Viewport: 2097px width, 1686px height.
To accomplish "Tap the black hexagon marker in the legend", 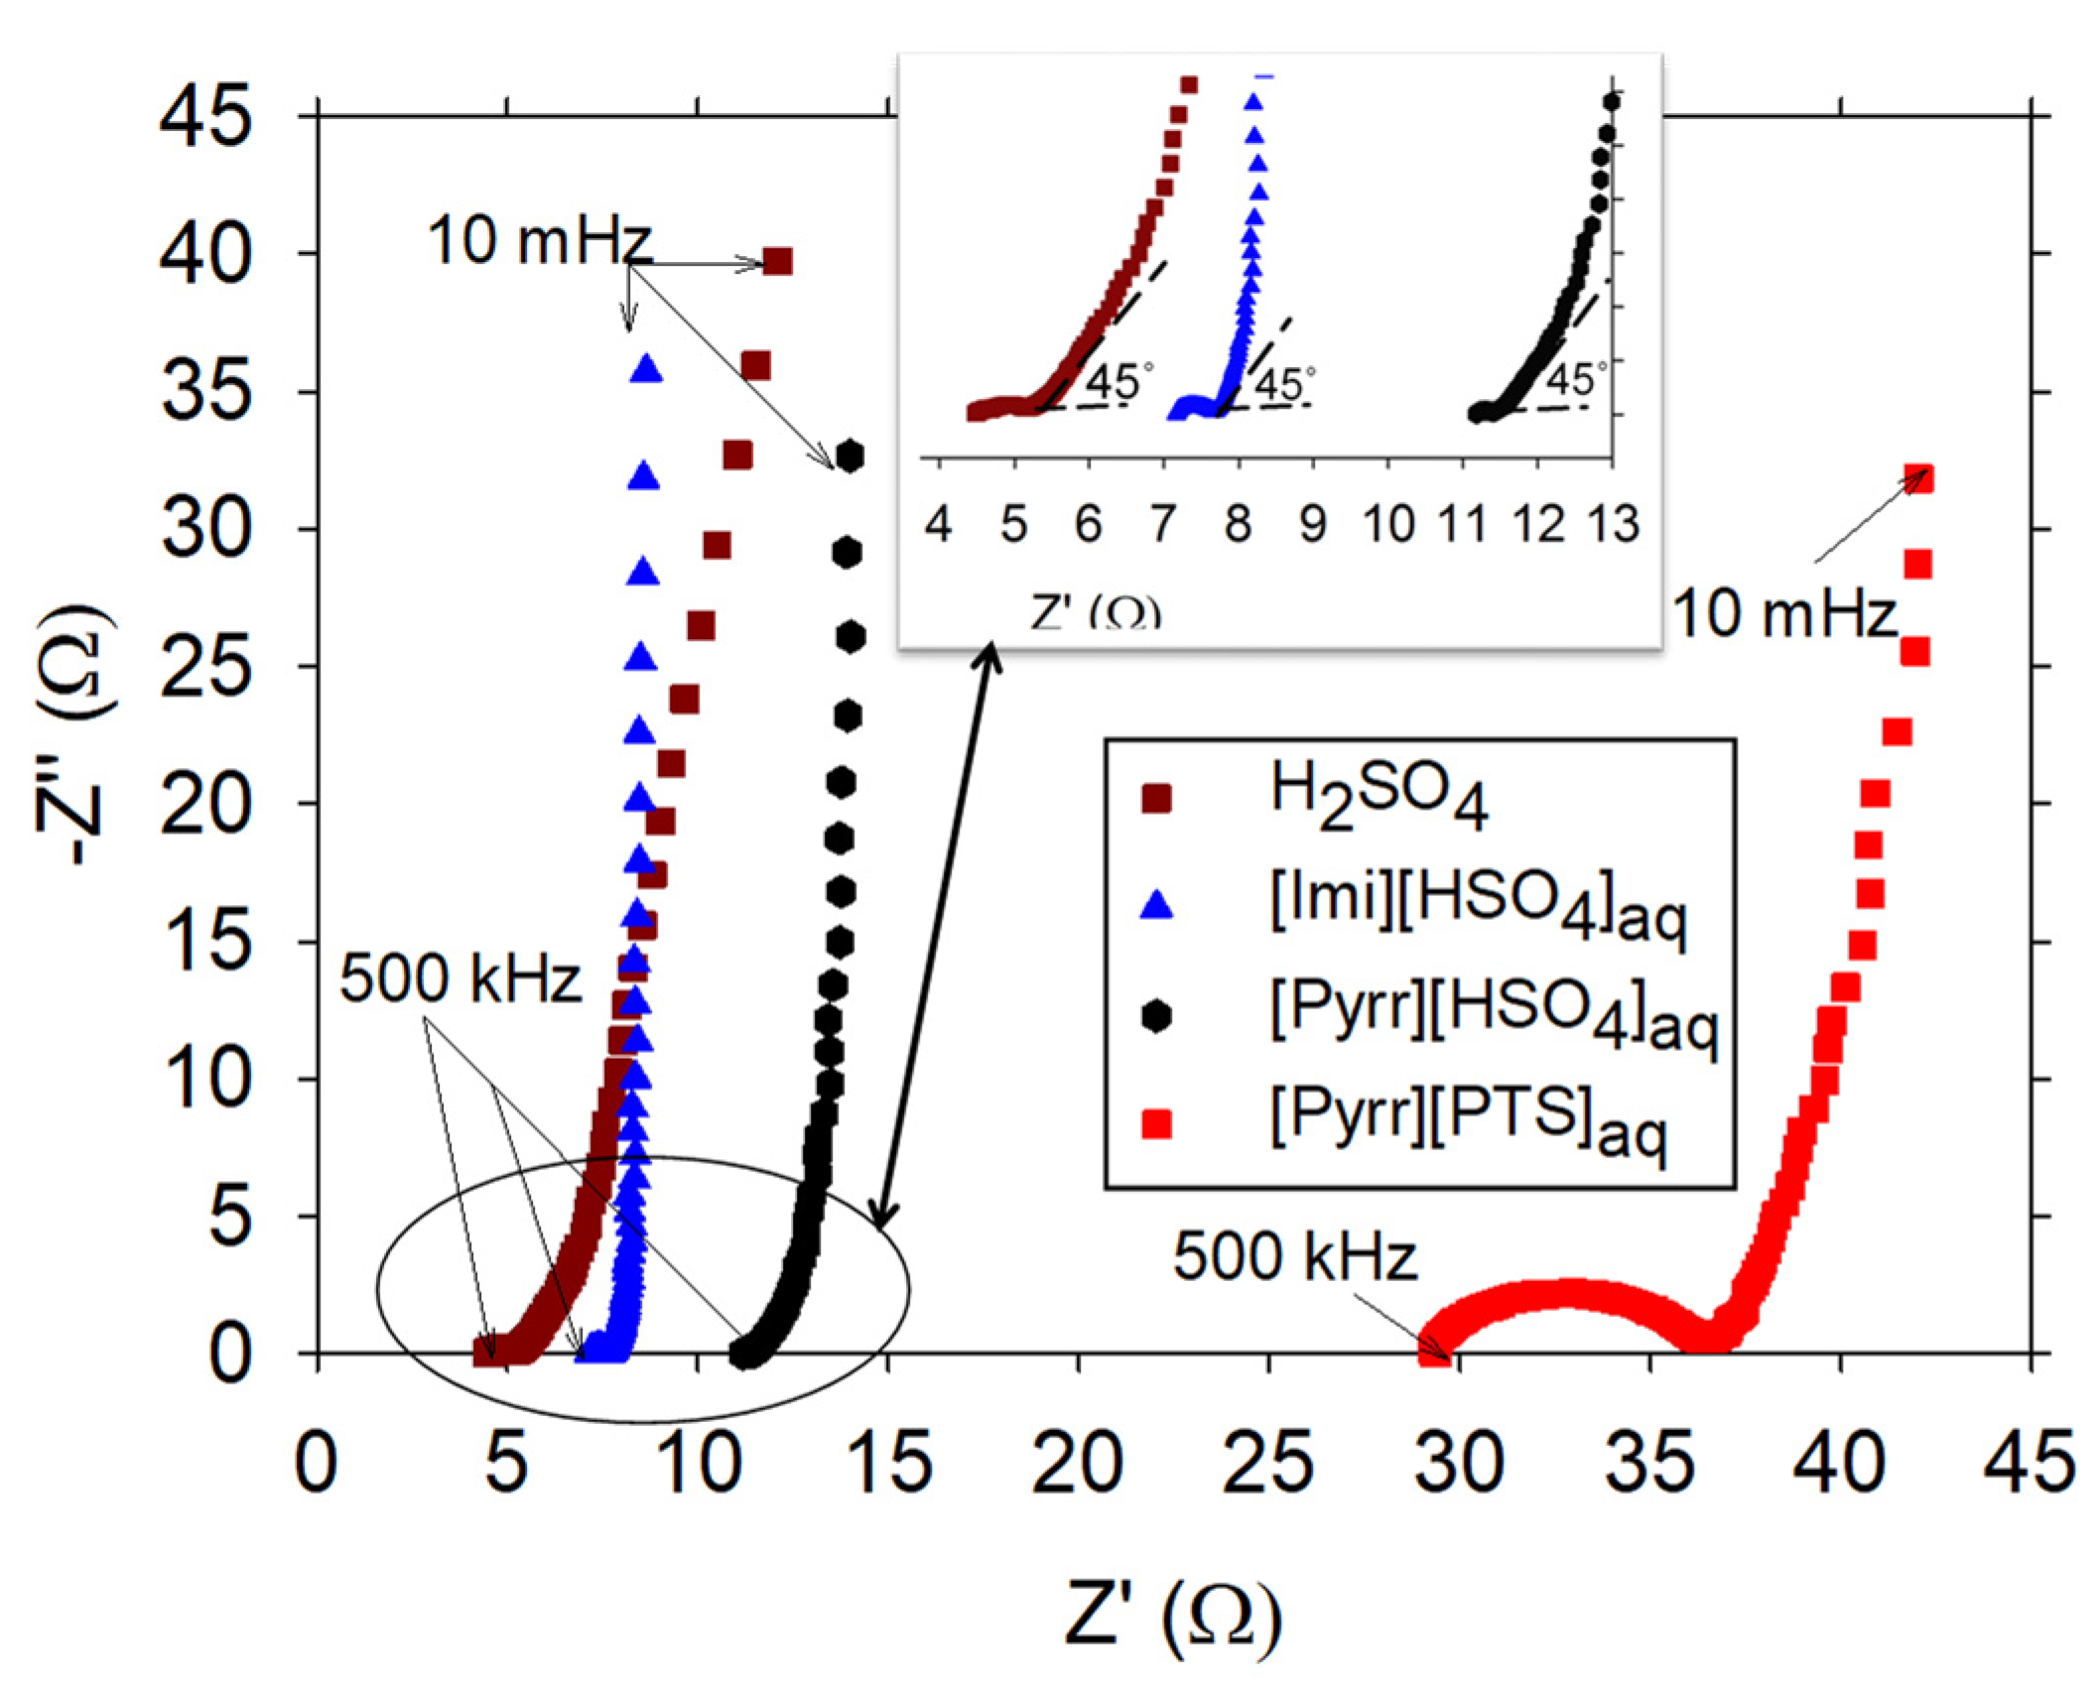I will pos(1156,1016).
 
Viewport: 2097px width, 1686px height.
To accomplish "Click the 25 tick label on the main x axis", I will pos(1267,1463).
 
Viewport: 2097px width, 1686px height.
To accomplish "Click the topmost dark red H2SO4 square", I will pos(777,262).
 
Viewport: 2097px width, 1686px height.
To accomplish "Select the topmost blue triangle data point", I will pos(646,369).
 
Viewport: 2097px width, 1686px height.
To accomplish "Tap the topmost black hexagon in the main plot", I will pos(850,456).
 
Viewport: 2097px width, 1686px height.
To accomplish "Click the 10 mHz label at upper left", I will pos(539,241).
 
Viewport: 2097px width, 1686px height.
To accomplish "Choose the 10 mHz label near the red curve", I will pos(1783,613).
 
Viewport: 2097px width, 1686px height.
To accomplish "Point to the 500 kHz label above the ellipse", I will pos(459,980).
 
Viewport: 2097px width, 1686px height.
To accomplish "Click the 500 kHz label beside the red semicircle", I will pos(1294,1256).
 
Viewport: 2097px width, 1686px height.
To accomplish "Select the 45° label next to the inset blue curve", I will pos(1284,383).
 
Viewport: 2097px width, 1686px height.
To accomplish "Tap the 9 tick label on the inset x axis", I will pos(1312,524).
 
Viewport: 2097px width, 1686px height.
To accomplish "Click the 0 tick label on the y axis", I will pos(229,1356).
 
